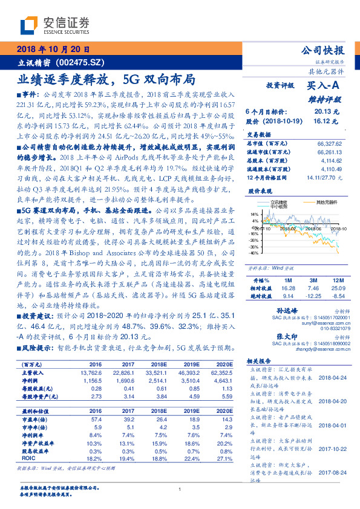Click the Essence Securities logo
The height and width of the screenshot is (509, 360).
point(54,25)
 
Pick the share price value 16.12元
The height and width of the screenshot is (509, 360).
point(326,121)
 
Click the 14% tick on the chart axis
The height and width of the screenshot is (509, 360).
point(254,214)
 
